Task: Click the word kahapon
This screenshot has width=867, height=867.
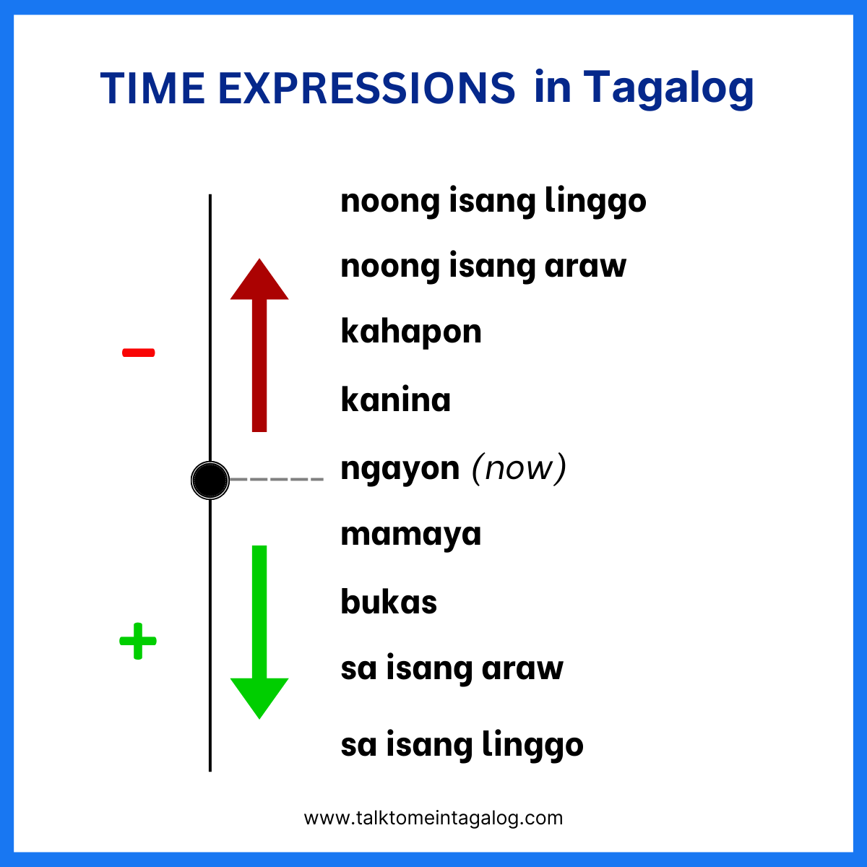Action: coord(411,332)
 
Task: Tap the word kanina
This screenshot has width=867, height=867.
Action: coord(395,400)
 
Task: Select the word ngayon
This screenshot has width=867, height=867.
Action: coord(400,469)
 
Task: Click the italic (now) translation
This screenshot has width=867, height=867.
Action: coord(519,468)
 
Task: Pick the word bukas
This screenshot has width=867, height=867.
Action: coord(389,602)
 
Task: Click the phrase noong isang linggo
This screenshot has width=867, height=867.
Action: coord(493,201)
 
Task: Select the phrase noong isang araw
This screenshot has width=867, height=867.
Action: coord(483,266)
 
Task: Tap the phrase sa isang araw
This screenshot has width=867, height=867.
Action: coord(452,668)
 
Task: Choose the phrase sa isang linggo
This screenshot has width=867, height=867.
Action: coord(462,745)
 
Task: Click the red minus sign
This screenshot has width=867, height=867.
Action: coord(138,353)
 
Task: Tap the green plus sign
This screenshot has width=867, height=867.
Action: coord(138,641)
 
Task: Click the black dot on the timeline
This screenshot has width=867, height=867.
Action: coord(210,480)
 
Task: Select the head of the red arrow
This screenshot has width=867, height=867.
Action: coord(259,280)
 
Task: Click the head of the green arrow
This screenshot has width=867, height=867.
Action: coord(259,696)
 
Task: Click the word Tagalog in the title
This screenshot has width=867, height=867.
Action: coord(668,89)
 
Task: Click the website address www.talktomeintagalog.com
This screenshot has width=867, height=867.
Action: coord(433,818)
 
